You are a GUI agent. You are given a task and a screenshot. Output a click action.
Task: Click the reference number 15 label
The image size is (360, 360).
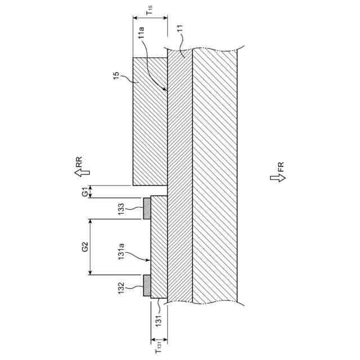point(116,77)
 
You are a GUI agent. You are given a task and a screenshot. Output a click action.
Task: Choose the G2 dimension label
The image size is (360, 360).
point(84,246)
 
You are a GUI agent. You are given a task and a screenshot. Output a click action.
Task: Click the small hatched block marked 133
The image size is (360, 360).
point(147,208)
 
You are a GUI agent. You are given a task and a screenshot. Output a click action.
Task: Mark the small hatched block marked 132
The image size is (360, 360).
point(147,286)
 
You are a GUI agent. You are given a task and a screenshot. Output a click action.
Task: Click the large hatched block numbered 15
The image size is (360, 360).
point(150,121)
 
